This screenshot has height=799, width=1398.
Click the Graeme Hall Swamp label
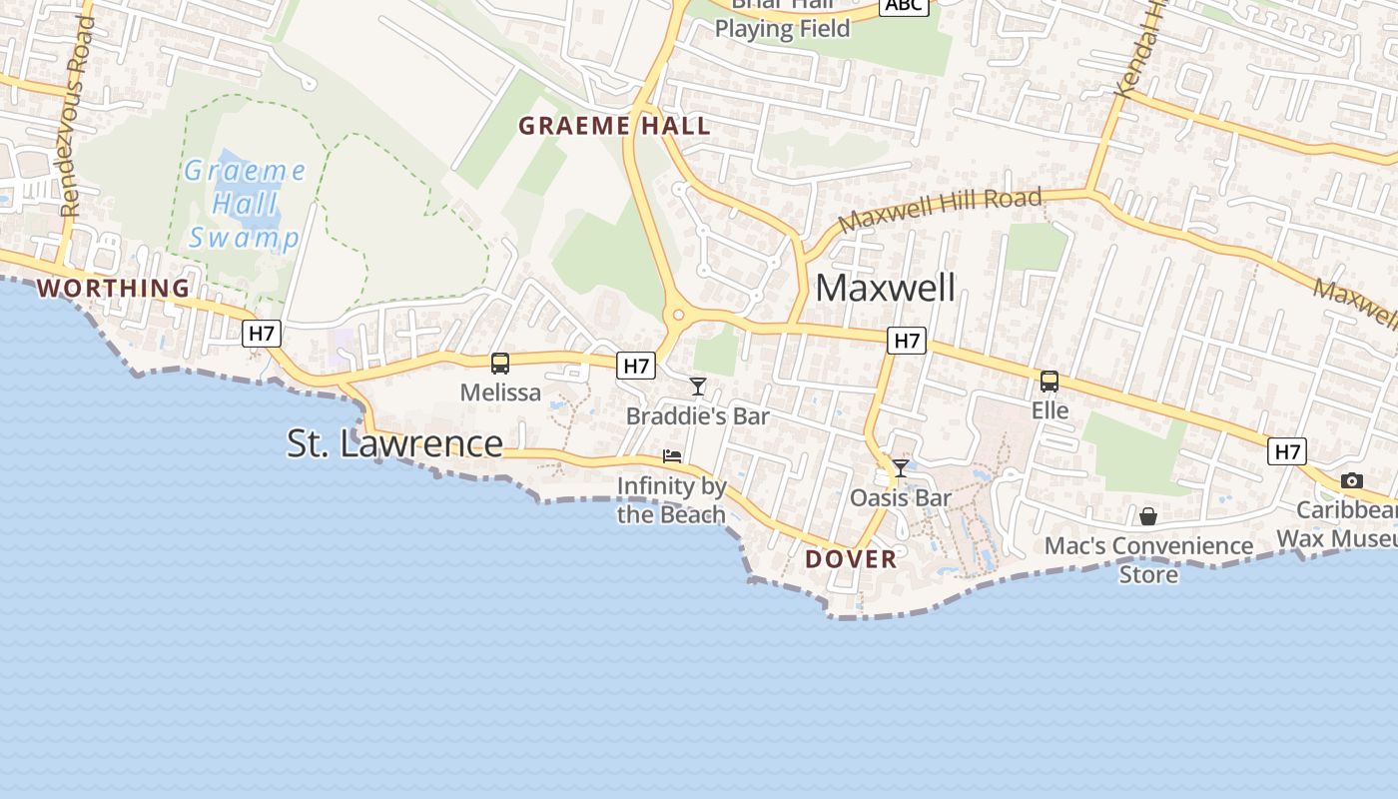(245, 205)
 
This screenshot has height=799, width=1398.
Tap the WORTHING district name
(113, 289)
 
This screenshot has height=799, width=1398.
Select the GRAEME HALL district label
(614, 126)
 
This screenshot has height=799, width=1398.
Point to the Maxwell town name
(885, 288)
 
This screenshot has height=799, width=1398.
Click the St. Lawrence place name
(394, 443)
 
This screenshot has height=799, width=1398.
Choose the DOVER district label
(851, 559)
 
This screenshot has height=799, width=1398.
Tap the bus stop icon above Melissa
(500, 364)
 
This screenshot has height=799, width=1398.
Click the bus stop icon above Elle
(1049, 381)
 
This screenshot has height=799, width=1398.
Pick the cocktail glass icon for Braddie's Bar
(698, 387)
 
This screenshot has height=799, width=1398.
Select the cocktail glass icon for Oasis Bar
(901, 468)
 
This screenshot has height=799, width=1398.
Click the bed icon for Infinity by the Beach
(672, 456)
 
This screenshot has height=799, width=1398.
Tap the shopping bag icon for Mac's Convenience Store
(1148, 516)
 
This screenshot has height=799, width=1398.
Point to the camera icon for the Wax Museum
(1351, 480)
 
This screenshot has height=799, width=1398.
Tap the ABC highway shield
(904, 5)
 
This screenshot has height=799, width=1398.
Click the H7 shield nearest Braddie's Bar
(636, 367)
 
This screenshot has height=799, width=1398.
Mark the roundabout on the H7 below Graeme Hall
(679, 316)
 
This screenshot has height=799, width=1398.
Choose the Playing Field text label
(782, 29)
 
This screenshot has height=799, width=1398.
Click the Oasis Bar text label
(900, 497)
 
